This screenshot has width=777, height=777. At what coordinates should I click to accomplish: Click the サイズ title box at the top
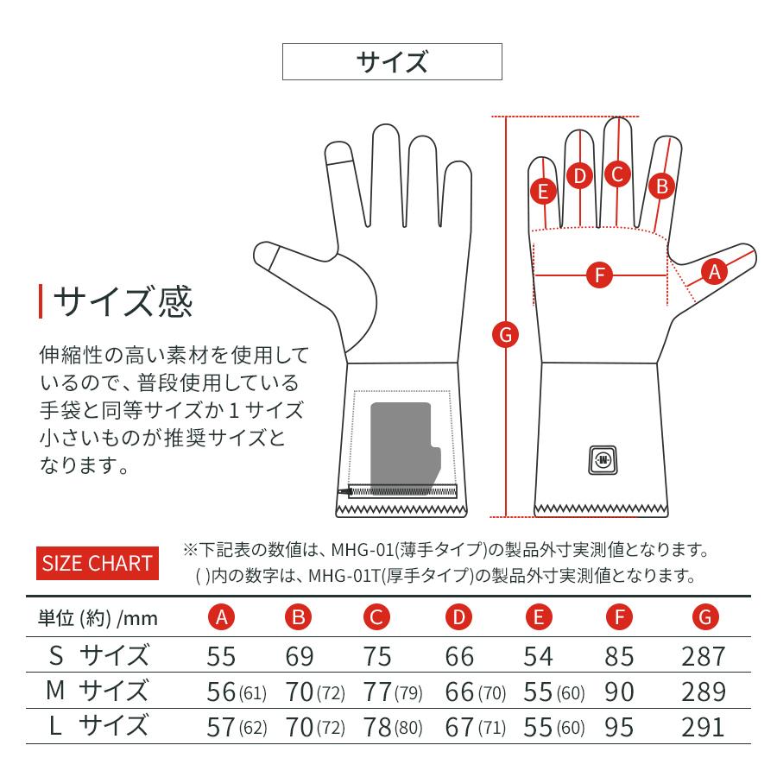pos(392,61)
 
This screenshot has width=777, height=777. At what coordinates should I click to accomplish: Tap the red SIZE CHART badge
pos(97,564)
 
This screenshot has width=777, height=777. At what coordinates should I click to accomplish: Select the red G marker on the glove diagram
pos(506,333)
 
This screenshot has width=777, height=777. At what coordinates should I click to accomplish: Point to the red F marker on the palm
pos(599,276)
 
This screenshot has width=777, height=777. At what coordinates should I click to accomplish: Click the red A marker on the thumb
pos(713,272)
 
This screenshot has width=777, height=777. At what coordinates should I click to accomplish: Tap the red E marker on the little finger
pos(543,191)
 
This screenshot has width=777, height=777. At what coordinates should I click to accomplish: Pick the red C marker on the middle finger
pos(616,174)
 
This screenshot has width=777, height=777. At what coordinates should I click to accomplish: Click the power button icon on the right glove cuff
pos(602,458)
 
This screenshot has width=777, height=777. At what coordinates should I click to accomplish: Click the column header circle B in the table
pos(300,617)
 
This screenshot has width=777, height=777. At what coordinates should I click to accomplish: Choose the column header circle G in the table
pos(704,617)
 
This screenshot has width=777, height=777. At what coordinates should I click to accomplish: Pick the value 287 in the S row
pos(704,656)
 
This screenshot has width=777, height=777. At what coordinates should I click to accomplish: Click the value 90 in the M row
pos(619,691)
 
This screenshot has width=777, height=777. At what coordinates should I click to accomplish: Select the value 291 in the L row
pos(704,726)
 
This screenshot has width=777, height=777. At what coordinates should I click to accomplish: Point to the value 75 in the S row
pos(377,656)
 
